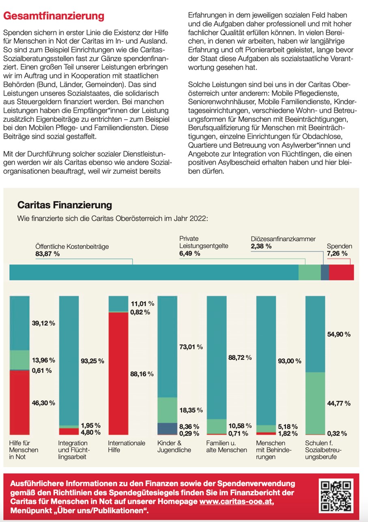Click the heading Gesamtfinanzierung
[x=54, y=16]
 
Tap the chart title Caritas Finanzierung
[x=65, y=205]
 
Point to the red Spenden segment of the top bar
[x=341, y=272]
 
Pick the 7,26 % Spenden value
[x=337, y=253]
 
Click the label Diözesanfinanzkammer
[x=283, y=239]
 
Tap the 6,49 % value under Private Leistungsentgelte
[x=189, y=253]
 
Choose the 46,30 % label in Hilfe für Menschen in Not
[x=43, y=403]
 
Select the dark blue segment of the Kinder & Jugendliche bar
[x=167, y=428]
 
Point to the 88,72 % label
[x=240, y=358]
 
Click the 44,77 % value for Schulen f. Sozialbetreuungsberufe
[x=339, y=404]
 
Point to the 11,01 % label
[x=142, y=303]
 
